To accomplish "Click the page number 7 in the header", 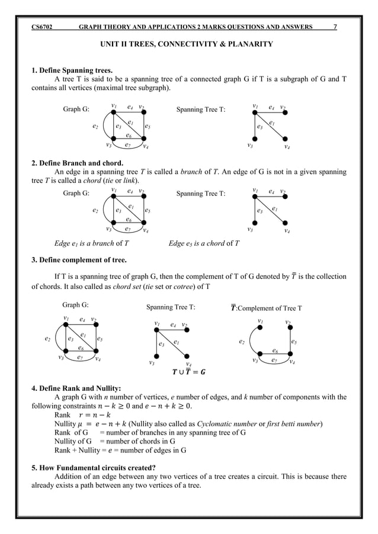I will point(336,26).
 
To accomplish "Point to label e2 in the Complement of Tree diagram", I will point(241,342).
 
